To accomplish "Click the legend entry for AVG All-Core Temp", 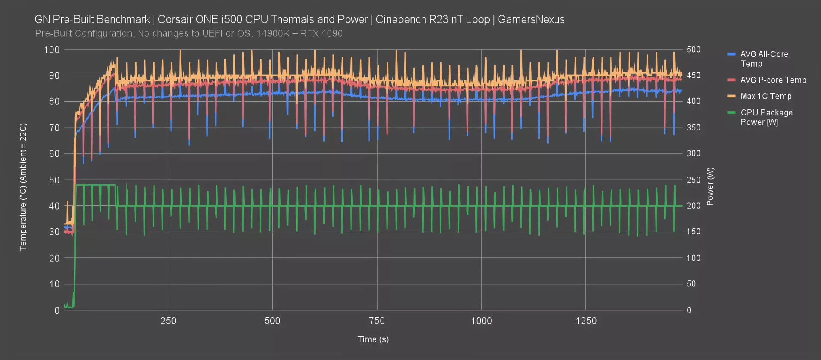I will tap(764, 59).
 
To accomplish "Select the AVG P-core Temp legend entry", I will tap(773, 80).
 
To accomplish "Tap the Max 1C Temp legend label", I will tap(766, 97).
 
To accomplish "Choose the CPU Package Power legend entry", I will tap(766, 117).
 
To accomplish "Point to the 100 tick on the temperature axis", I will tap(52, 50).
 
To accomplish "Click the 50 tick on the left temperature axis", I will tap(54, 180).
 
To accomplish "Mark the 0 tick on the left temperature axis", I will tap(57, 310).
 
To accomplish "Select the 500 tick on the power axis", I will tap(694, 50).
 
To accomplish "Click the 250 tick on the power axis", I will tap(694, 180).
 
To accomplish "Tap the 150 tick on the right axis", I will tap(694, 232).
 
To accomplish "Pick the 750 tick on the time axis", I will tap(377, 321).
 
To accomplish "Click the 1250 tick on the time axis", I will tap(586, 321).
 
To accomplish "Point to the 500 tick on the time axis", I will tap(272, 321).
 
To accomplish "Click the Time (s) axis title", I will tap(373, 339).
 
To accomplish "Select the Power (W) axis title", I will tap(710, 186).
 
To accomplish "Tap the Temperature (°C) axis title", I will tap(23, 186).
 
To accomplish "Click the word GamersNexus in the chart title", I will tap(531, 20).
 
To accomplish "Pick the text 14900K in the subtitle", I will tap(273, 34).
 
